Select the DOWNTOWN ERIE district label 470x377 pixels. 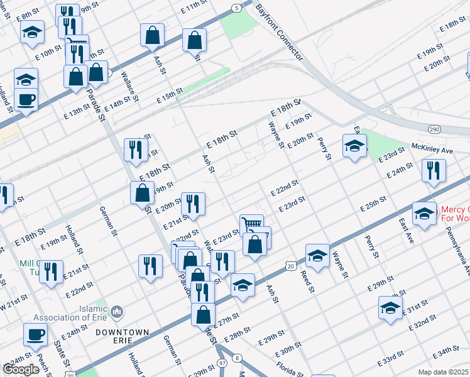click(123, 336)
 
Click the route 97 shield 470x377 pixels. click(222, 364)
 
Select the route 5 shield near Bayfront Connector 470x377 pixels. click(235, 8)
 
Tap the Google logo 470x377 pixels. click(21, 369)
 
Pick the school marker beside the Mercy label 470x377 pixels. click(424, 213)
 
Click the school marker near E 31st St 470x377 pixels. click(390, 308)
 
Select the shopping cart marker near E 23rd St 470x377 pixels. click(251, 224)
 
